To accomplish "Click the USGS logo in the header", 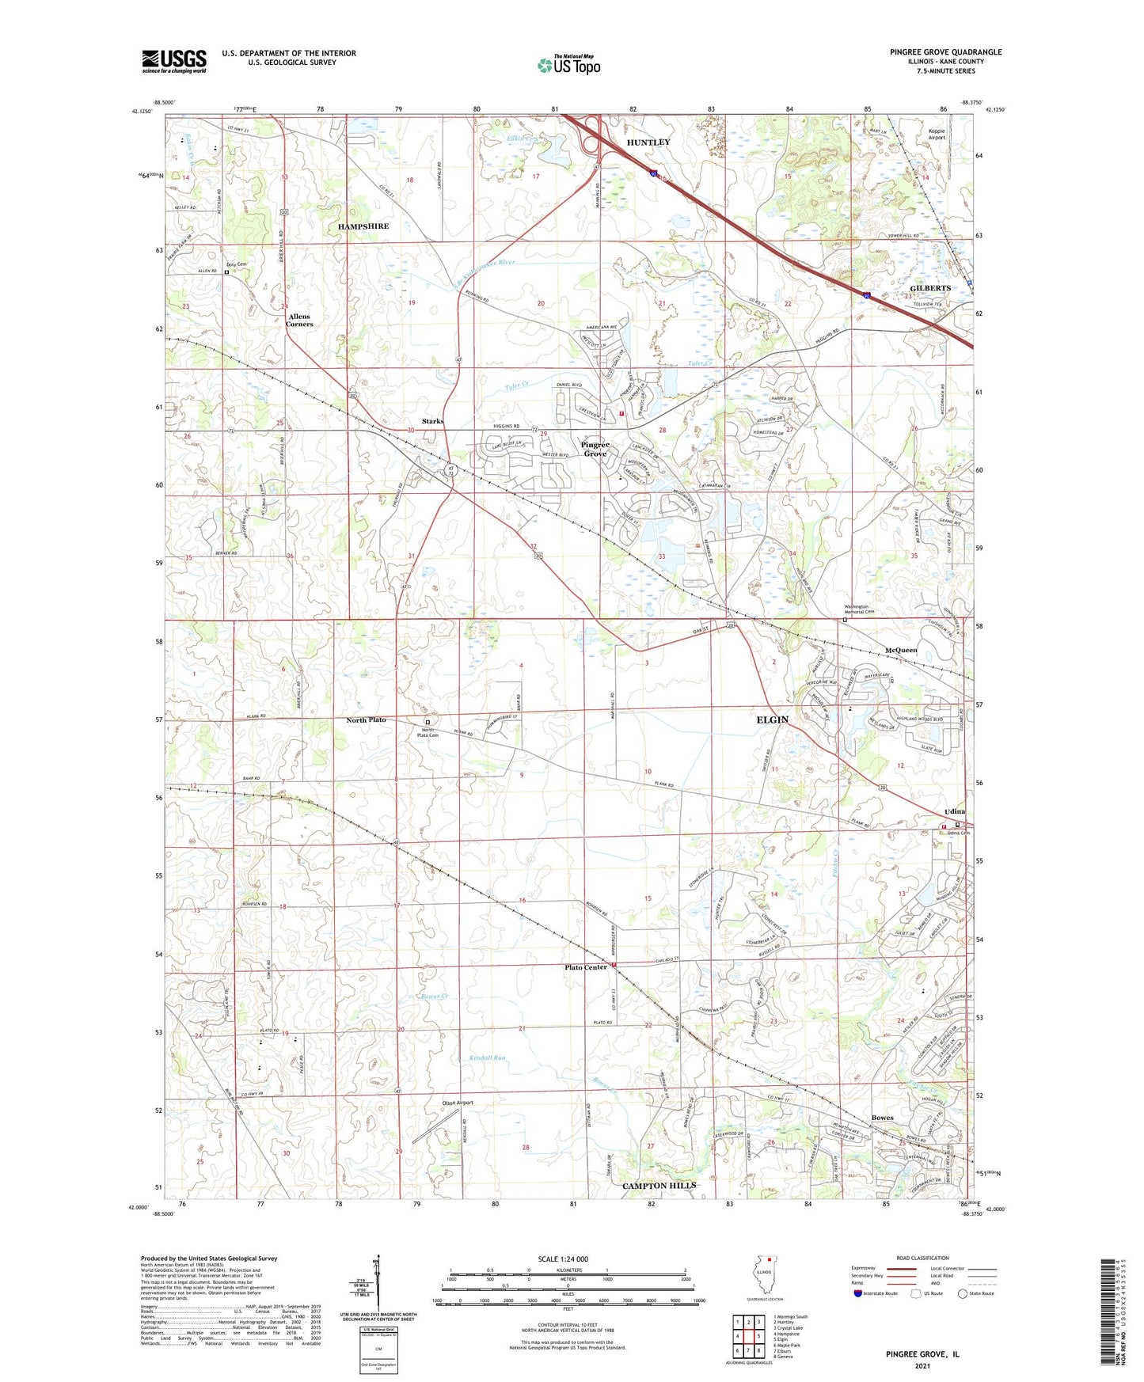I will pos(174,61).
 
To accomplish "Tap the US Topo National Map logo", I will pos(568,64).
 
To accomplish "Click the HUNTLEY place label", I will pos(648,142).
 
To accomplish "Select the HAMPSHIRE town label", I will pos(363,226).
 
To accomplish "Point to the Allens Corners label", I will pos(299,320).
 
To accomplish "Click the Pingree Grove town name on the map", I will pos(595,449).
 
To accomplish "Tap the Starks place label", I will pos(432,421).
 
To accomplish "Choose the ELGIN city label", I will pos(772,719).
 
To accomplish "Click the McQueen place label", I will pos(901,650).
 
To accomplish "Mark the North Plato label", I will pos(366,719).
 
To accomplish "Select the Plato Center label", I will pos(585,967).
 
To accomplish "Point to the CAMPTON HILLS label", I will pos(659,1185).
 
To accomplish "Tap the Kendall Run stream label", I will pos(487,1057).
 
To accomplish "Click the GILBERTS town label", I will pos(930,288).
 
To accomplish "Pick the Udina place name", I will pos(954,811).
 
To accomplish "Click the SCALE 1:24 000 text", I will pos(563,1259).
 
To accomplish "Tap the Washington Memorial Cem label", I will pos(858,610).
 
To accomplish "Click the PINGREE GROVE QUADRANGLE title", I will pos(945,52).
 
